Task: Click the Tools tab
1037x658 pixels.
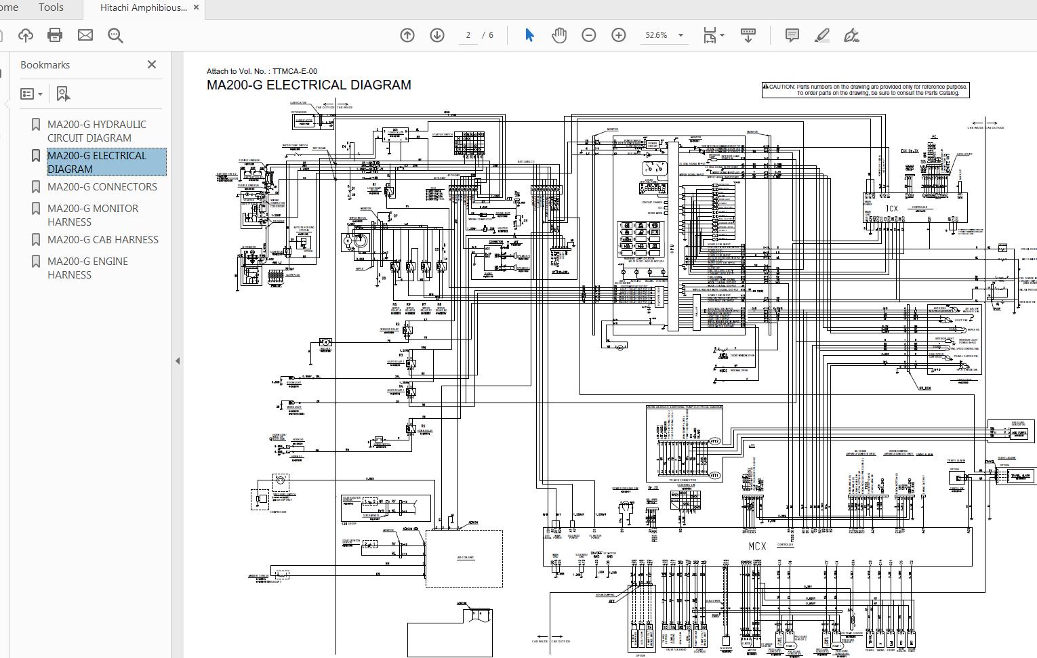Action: [x=51, y=7]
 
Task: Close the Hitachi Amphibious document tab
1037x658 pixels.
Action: [x=197, y=7]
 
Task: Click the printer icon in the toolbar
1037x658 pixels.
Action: [x=55, y=35]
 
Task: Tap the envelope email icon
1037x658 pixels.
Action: [x=85, y=35]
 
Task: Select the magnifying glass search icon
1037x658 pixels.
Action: [x=115, y=35]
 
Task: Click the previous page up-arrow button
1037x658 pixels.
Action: [x=407, y=35]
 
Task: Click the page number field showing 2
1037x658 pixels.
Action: [x=468, y=35]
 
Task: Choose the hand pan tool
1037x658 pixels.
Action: [x=558, y=35]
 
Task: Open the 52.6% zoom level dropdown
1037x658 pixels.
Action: [x=680, y=35]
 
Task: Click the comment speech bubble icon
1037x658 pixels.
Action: [x=792, y=35]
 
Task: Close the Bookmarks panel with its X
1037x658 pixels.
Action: [x=152, y=64]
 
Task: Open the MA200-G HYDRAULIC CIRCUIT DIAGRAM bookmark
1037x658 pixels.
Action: [x=97, y=131]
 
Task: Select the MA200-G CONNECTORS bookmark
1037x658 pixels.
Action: [x=102, y=187]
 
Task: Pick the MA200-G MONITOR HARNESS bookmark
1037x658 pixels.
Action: [x=93, y=215]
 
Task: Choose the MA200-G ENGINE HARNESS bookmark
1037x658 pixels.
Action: [x=87, y=268]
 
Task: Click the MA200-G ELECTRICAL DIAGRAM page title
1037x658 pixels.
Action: [x=308, y=85]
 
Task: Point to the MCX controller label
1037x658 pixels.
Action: [x=757, y=546]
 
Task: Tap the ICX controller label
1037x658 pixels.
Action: [x=892, y=209]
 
